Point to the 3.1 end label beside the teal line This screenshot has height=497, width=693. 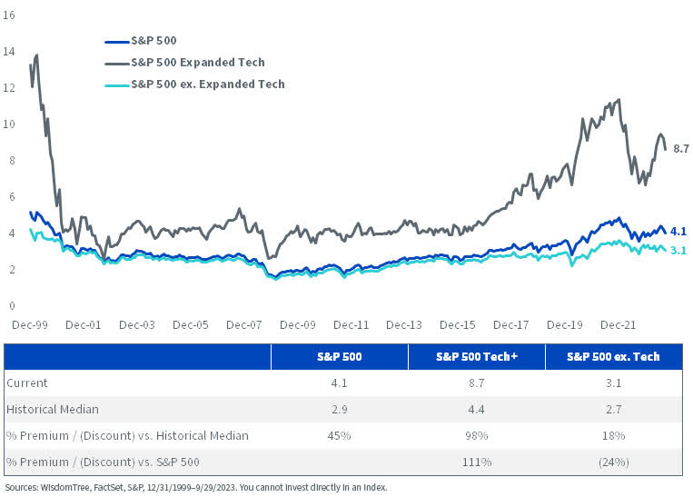coord(677,251)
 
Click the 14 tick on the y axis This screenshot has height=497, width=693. coord(9,52)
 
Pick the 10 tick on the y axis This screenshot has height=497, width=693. coord(9,124)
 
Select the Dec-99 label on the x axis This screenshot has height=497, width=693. coord(30,324)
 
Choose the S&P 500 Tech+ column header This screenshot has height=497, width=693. coord(476,357)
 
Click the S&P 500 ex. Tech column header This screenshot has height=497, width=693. coord(613,357)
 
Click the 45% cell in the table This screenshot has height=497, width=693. coord(339,435)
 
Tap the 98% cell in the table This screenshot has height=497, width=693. coord(476,435)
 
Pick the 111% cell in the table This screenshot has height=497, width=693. coord(476,462)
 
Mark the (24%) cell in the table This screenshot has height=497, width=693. coord(613,462)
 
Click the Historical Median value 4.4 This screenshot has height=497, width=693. coord(476,409)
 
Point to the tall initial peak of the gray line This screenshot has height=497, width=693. coord(35,55)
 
